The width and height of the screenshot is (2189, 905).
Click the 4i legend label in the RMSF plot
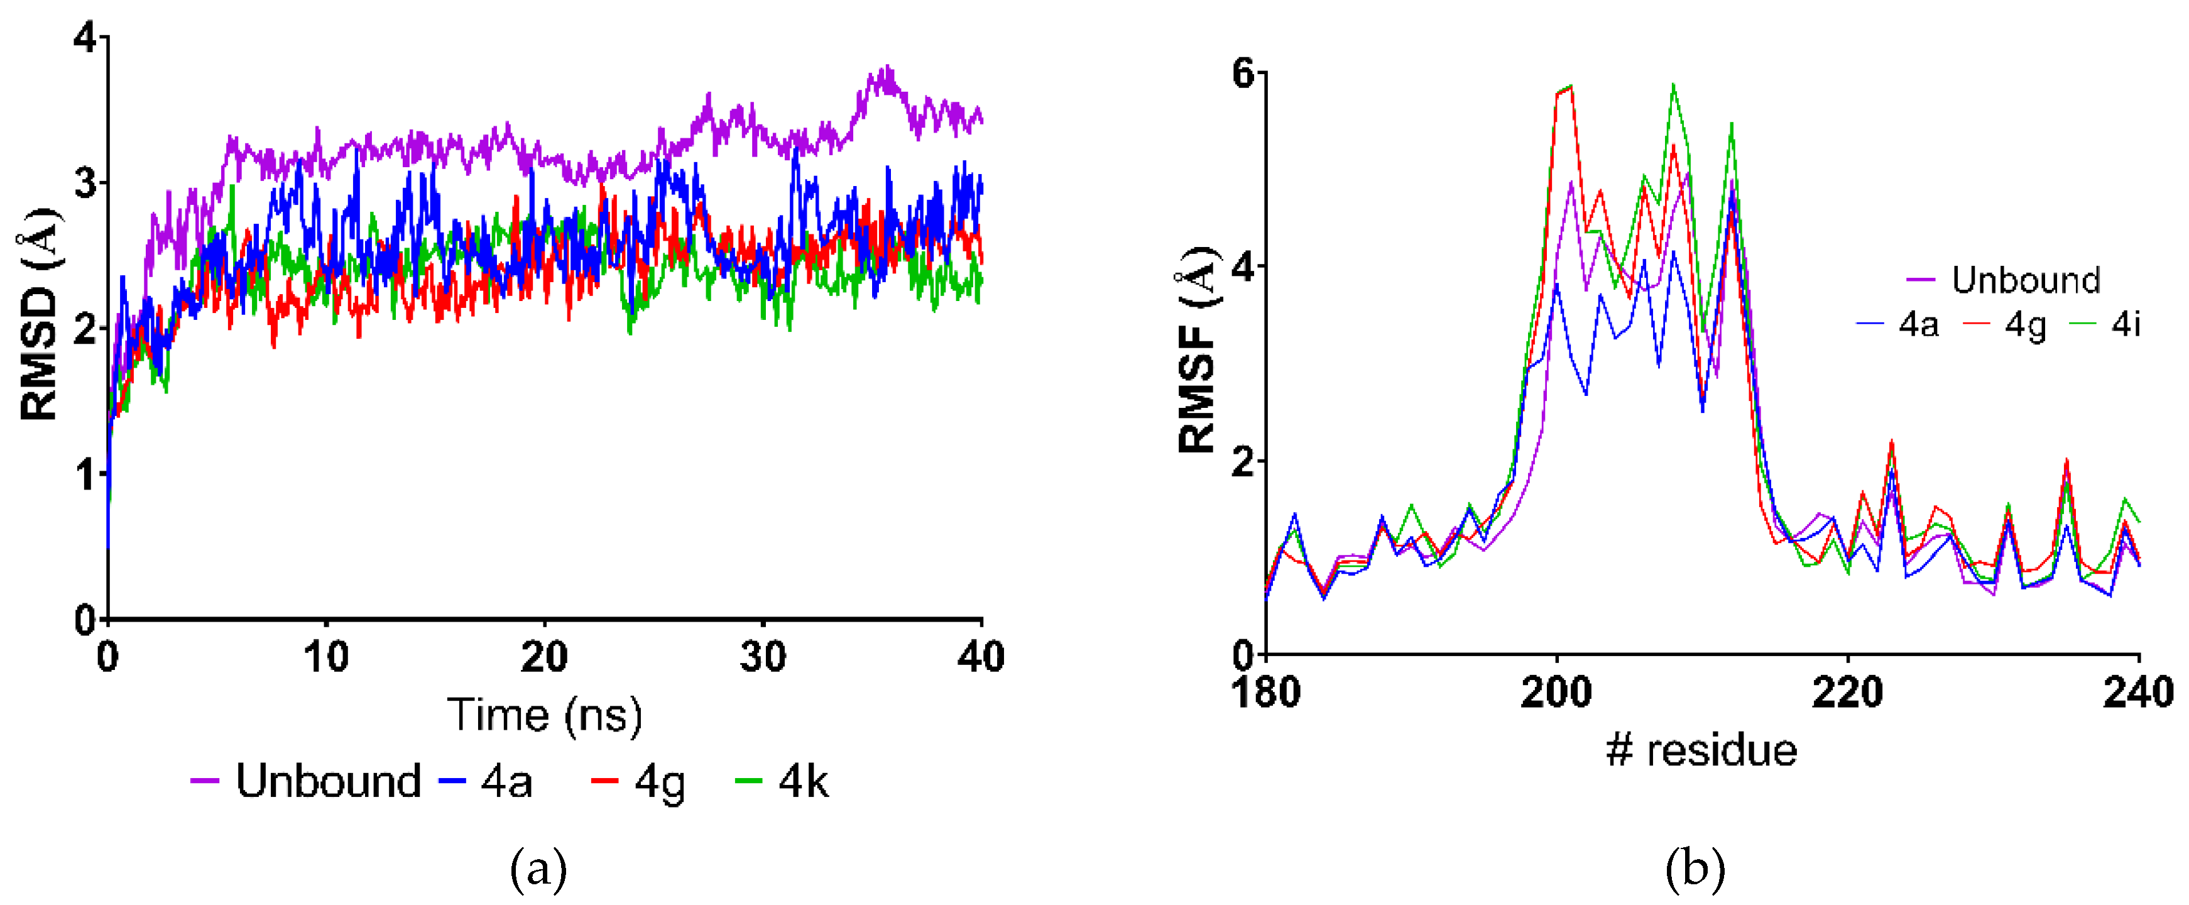2126,325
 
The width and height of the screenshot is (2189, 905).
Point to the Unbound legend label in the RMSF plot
2026,280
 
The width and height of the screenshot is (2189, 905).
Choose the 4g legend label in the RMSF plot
2025,326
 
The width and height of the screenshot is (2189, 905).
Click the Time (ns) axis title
545,715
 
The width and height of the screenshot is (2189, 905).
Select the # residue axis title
1701,750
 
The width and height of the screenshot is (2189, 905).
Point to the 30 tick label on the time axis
762,657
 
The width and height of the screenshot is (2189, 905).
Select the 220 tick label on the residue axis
1847,693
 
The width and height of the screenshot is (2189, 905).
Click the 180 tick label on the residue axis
1265,693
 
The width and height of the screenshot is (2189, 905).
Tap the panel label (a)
538,869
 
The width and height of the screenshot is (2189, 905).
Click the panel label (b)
1695,869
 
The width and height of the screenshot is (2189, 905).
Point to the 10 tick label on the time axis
325,657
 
